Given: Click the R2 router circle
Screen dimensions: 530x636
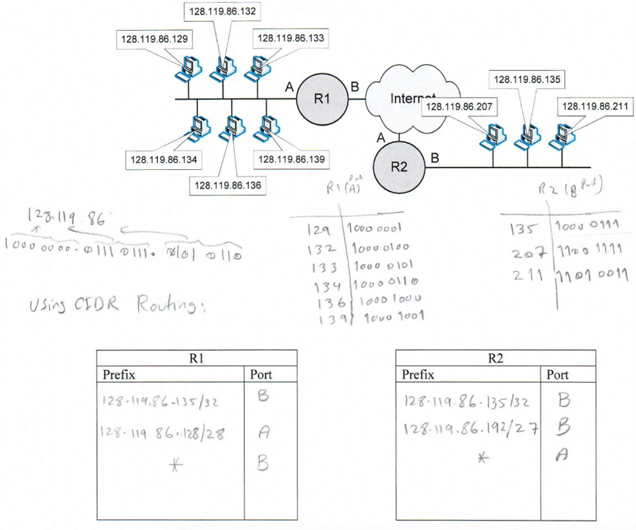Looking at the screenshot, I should tap(399, 166).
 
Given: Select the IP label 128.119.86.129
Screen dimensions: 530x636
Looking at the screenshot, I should tap(153, 39).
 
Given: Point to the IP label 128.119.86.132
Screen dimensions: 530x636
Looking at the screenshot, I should tap(222, 11).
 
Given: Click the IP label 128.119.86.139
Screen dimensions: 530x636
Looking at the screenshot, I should tap(291, 159).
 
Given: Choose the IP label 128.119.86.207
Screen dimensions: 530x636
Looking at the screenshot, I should tap(460, 107).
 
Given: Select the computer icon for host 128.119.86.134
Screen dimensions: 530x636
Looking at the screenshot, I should tap(198, 127).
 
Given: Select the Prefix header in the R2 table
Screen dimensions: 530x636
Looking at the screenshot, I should tap(418, 374).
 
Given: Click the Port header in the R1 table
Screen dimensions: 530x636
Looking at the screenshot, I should tap(261, 374).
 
